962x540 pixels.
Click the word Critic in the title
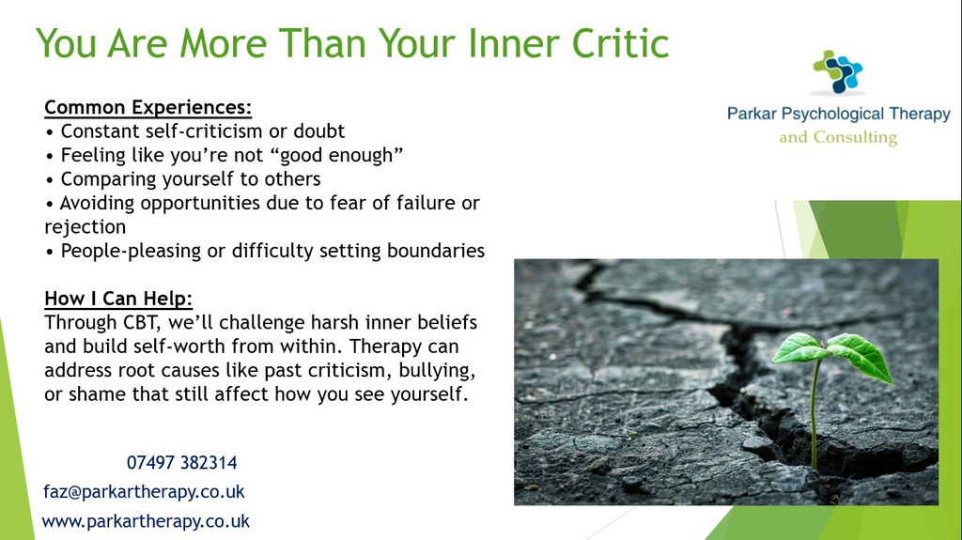[620, 43]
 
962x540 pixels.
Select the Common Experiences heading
[147, 107]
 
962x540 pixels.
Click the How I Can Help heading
[118, 299]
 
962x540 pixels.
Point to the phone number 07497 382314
[181, 463]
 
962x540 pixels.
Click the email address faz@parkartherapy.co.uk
[144, 491]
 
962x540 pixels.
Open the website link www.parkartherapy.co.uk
[146, 521]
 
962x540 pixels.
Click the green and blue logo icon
[838, 71]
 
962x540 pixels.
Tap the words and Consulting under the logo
[838, 137]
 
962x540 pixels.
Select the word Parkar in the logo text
[752, 114]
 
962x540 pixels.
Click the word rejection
[85, 227]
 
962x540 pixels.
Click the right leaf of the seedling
[861, 357]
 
